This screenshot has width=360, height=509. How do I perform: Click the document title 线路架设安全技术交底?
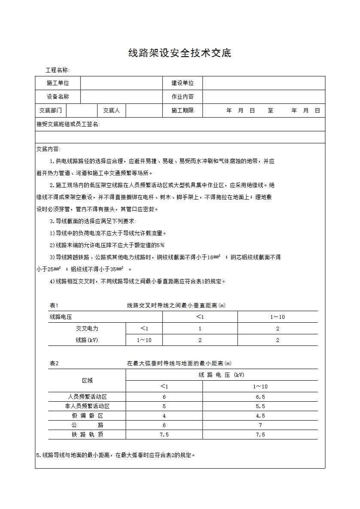180,53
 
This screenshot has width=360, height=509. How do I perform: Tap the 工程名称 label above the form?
57,70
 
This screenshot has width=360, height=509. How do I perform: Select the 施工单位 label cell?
58,83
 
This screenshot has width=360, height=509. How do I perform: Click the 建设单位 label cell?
183,83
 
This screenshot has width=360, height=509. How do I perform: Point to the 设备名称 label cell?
58,97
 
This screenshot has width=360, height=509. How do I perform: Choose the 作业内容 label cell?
183,97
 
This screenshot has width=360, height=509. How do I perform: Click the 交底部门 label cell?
50,111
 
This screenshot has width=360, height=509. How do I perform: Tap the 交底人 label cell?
112,111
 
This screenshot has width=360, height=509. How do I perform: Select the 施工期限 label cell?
183,111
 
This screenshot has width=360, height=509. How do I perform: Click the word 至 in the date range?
271,111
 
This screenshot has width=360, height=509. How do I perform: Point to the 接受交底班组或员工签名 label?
68,124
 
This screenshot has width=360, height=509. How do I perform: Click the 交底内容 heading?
49,149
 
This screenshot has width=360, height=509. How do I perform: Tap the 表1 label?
54,306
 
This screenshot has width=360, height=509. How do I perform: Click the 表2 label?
54,364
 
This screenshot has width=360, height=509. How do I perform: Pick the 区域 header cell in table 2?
87,381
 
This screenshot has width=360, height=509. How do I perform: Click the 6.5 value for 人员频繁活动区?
260,397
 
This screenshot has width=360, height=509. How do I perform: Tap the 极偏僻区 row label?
87,416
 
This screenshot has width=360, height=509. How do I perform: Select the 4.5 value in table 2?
260,416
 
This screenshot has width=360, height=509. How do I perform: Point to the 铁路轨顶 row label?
87,435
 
